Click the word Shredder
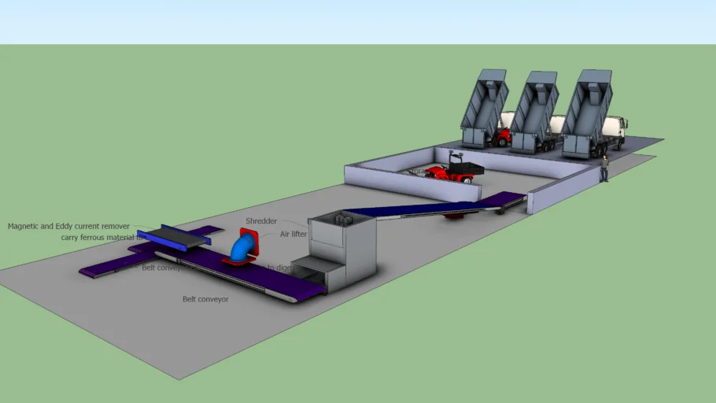click(x=261, y=221)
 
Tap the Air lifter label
click(x=293, y=234)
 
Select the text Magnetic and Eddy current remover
click(x=68, y=226)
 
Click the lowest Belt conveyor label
click(x=205, y=299)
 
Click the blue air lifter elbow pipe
click(x=241, y=249)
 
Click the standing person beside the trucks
click(x=604, y=168)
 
